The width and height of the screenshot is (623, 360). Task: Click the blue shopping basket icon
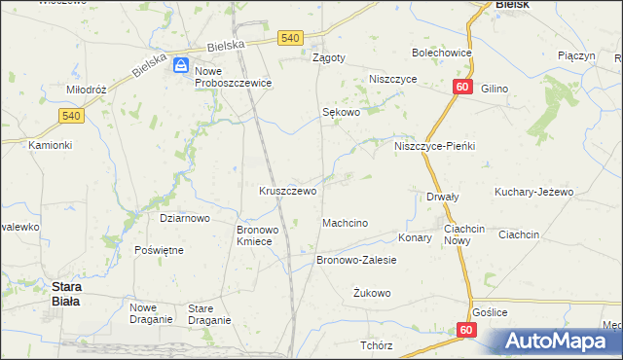pyautogui.click(x=181, y=65)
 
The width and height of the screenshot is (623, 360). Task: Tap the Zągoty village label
pyautogui.click(x=328, y=57)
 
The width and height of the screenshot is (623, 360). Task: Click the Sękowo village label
pyautogui.click(x=342, y=112)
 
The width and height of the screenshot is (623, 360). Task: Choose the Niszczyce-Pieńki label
pyautogui.click(x=434, y=146)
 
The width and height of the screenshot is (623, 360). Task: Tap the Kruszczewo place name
pyautogui.click(x=287, y=192)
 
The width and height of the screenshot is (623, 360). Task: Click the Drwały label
pyautogui.click(x=443, y=197)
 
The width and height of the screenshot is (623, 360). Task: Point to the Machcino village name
pyautogui.click(x=345, y=224)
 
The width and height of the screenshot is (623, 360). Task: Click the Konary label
pyautogui.click(x=415, y=237)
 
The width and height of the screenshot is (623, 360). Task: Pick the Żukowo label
pyautogui.click(x=372, y=293)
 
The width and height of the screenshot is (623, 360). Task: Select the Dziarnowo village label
pyautogui.click(x=185, y=219)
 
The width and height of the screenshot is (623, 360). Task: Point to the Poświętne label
pyautogui.click(x=160, y=250)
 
